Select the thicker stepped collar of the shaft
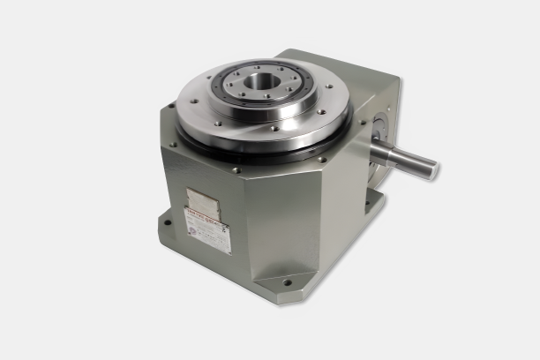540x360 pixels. point(381,151)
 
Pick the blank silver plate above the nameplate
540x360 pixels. point(202,199)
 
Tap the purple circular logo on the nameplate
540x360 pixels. point(192,230)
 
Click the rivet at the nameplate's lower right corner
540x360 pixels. point(228,249)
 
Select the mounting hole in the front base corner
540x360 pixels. point(288,283)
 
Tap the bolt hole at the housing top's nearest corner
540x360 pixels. point(236,169)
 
